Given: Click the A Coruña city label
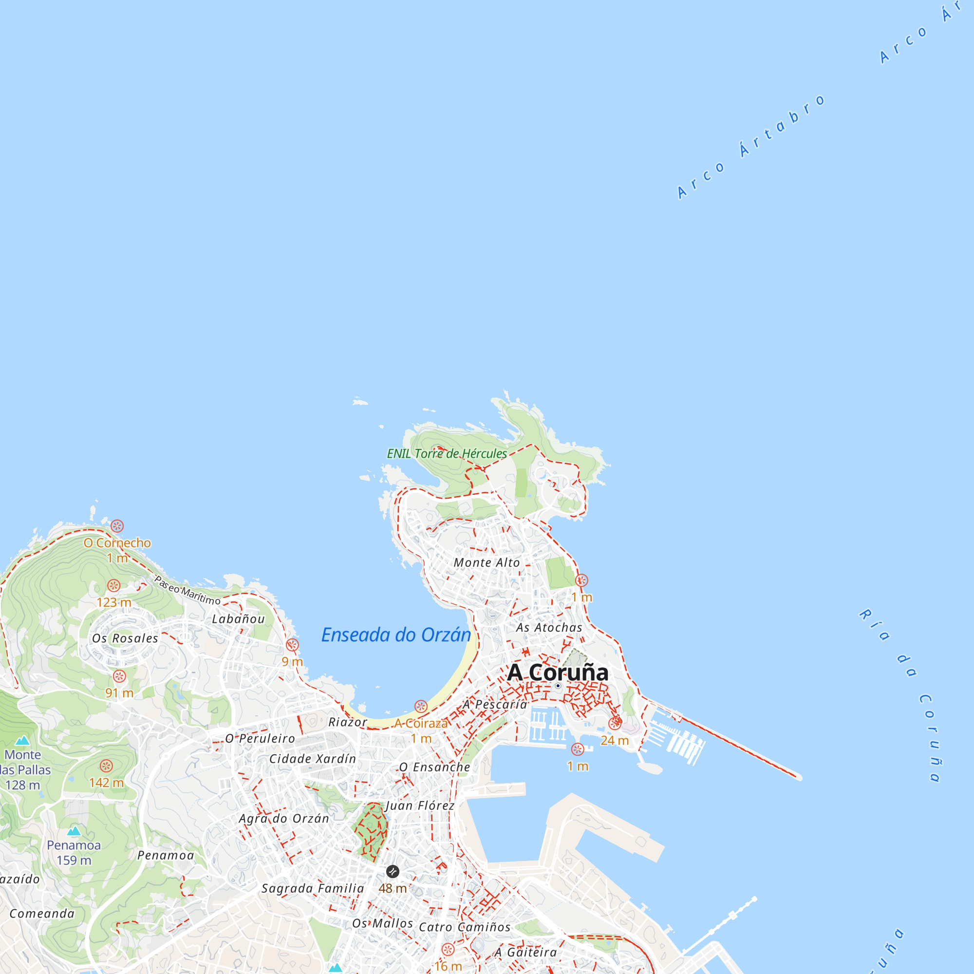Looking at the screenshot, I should [558, 673].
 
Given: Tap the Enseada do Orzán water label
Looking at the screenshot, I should [396, 635].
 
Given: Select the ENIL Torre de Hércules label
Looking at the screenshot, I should [447, 454].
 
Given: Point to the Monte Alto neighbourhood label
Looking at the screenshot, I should [487, 562].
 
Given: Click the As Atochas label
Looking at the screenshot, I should [549, 628].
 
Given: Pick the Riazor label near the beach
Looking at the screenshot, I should [348, 722].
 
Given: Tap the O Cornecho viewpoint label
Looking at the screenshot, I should [117, 543].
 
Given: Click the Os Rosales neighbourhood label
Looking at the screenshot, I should [125, 638].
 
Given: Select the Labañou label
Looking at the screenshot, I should [238, 619].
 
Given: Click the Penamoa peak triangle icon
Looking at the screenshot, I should [74, 831].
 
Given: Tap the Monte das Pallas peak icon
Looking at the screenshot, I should [22, 740].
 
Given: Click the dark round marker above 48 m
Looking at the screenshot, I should [393, 871].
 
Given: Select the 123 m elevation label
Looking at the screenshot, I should [114, 602].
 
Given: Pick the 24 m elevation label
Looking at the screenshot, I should [615, 741].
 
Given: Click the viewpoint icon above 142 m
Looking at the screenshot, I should [106, 766].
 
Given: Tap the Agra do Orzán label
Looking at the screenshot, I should [284, 818].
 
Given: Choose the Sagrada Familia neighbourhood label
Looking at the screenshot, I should [313, 888].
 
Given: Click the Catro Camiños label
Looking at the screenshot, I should [464, 927].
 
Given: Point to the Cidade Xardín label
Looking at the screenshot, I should [313, 759].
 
